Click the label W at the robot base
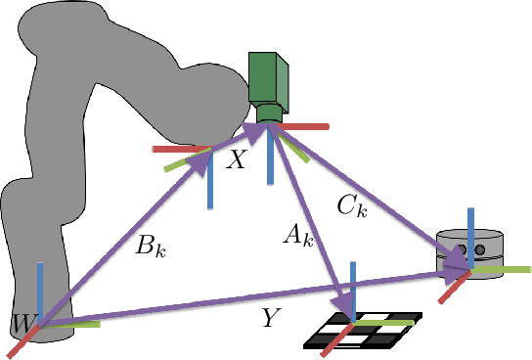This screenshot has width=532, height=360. (20, 321)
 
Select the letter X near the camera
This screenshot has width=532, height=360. (236, 161)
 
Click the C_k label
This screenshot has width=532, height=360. (350, 207)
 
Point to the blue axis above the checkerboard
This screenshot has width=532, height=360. (354, 285)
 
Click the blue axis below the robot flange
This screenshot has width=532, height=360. (211, 186)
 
